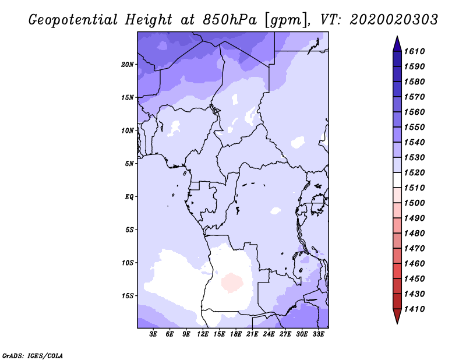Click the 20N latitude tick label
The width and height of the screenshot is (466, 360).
[x=128, y=64]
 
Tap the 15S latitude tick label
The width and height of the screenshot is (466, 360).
[x=128, y=295]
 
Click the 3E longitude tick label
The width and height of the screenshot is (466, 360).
[x=154, y=334]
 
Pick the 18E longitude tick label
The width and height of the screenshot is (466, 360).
[x=236, y=334]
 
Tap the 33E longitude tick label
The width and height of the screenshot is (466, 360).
[x=318, y=334]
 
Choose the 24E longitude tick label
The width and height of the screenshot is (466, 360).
[x=269, y=334]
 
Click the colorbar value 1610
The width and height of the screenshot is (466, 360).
[x=416, y=51]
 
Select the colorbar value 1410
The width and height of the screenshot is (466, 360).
[x=416, y=309]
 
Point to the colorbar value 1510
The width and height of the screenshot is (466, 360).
[x=416, y=188]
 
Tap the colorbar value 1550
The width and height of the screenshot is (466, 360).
[x=416, y=127]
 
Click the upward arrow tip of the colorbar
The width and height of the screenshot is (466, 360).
[x=397, y=38]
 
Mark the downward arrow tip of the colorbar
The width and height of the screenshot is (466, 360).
[x=397, y=322]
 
